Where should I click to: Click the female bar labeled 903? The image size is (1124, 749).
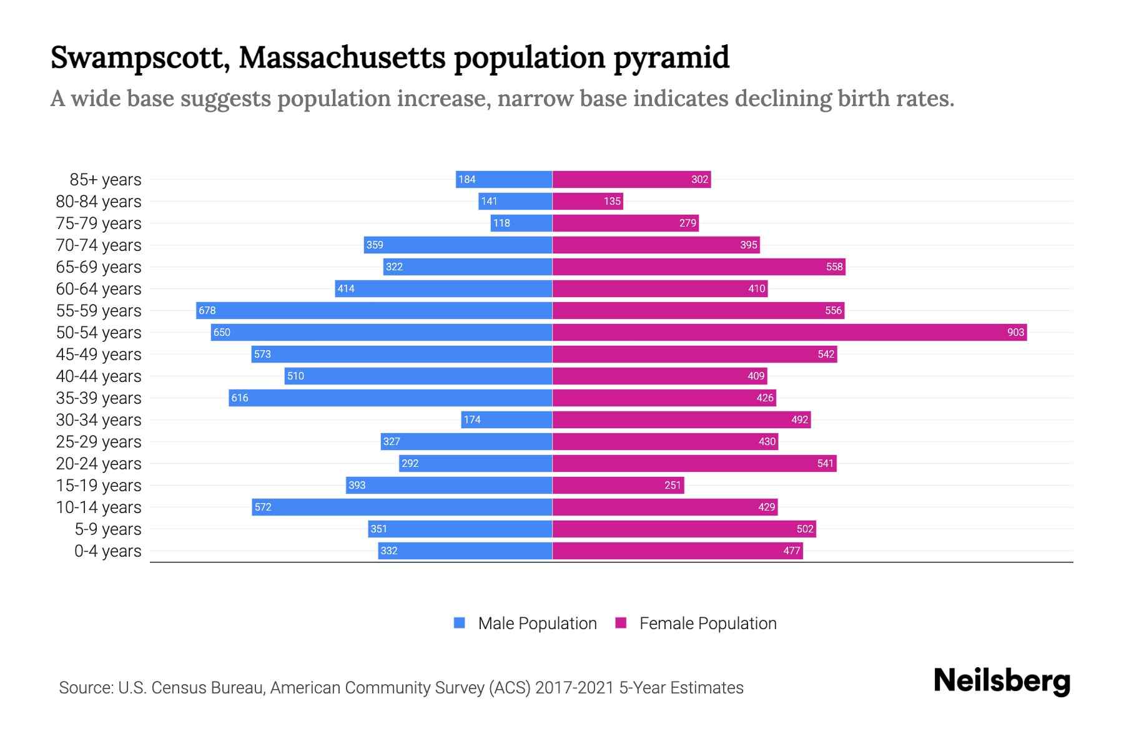(789, 332)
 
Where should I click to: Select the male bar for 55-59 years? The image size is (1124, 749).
(375, 310)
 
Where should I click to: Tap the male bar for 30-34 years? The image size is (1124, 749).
(506, 419)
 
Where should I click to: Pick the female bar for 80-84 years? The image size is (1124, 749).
(588, 201)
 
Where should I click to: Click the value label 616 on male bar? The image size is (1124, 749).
(240, 398)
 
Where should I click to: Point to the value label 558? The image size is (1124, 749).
(834, 267)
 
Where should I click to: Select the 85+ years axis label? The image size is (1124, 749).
(106, 180)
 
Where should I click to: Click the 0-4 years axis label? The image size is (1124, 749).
(108, 551)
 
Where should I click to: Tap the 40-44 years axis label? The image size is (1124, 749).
(99, 376)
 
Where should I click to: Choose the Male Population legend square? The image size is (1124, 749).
(460, 623)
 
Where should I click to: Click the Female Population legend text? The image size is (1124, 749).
(707, 624)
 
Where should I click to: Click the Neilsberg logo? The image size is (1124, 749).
(1002, 681)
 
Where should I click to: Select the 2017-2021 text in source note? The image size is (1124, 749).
(574, 688)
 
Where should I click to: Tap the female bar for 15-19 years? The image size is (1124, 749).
(618, 485)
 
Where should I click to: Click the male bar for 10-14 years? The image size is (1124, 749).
(402, 507)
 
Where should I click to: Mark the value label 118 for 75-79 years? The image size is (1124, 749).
(501, 223)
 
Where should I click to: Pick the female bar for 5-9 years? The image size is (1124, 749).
(684, 529)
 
